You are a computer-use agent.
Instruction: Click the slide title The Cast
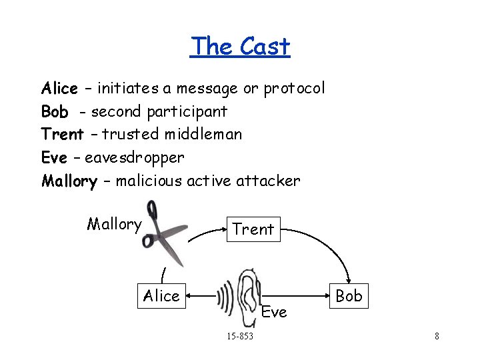[240, 47]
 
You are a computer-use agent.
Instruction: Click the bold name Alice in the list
[59, 89]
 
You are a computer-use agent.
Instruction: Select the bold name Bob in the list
[55, 111]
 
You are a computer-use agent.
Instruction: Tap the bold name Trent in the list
[62, 134]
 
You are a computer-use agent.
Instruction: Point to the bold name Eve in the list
[54, 157]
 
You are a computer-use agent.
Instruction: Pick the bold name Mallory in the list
[69, 181]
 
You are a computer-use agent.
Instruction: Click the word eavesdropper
[134, 157]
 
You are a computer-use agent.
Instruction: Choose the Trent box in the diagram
[253, 229]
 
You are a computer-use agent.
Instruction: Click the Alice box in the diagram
[161, 295]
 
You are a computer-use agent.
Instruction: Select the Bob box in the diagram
[349, 295]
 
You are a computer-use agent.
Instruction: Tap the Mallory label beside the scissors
[114, 224]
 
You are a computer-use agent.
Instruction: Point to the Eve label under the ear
[273, 311]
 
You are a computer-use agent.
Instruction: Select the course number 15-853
[240, 336]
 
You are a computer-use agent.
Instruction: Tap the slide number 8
[437, 336]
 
